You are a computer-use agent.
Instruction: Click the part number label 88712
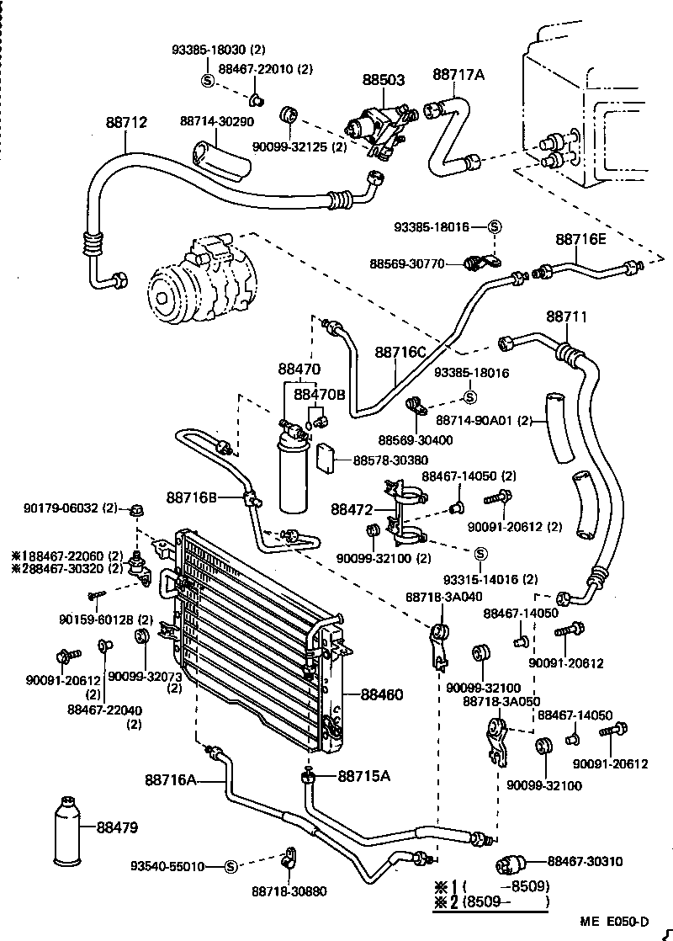coord(126,122)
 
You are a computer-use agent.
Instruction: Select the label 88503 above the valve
coord(384,80)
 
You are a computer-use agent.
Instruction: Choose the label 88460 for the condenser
coord(382,694)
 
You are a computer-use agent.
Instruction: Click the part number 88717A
coord(459,75)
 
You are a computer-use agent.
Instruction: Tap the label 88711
coord(567,316)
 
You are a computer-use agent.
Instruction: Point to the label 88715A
coord(364,775)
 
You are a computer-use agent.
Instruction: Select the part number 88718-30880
coord(289,891)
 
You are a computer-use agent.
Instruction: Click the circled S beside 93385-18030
coord(207,80)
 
